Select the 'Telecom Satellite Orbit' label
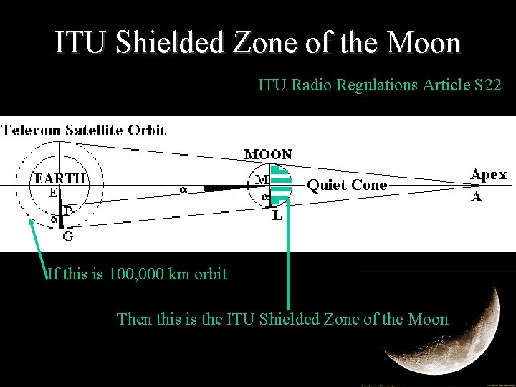coord(84,130)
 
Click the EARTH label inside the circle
coord(59,178)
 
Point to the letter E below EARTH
coord(54,192)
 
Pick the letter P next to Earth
coord(67,211)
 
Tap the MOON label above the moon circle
coord(269,154)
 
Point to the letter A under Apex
coord(475,196)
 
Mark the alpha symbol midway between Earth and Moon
coord(183,190)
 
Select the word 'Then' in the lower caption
coord(133,319)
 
